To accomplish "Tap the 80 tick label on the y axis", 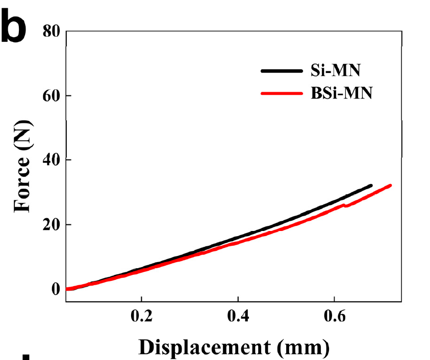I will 51,32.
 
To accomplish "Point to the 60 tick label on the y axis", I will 51,96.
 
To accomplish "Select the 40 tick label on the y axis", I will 51,160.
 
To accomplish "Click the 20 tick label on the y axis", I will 51,224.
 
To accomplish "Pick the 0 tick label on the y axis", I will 56,289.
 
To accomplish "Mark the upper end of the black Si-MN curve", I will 370,186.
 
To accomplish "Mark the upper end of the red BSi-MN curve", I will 390,186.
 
